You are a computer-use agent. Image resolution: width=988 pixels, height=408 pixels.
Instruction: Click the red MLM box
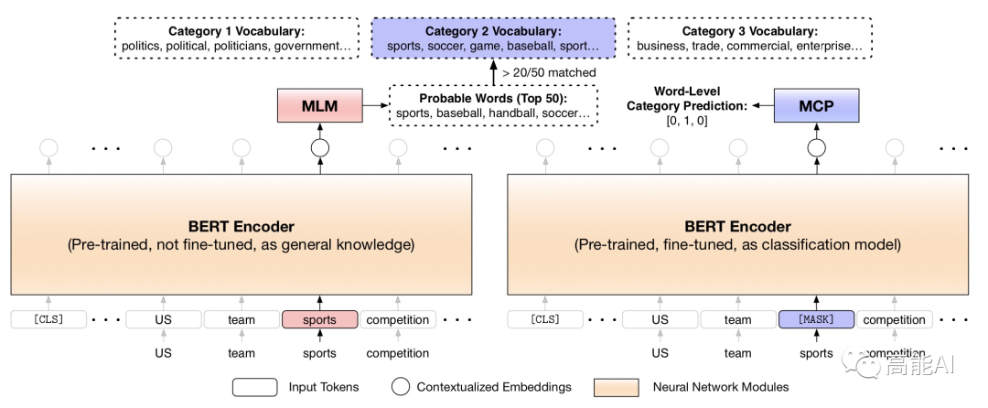click(x=320, y=106)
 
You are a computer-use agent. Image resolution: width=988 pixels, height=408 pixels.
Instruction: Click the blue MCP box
click(x=816, y=106)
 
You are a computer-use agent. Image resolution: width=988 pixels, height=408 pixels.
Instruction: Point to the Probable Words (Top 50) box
click(x=493, y=105)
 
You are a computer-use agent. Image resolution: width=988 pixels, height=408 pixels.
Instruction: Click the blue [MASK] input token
click(x=816, y=320)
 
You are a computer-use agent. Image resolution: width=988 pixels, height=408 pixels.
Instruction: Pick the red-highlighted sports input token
click(x=319, y=320)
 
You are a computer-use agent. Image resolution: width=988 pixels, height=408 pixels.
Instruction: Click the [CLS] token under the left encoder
click(x=49, y=320)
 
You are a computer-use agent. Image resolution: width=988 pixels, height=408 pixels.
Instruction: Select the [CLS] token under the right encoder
click(x=546, y=320)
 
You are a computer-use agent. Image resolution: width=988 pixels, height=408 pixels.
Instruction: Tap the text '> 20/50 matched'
click(x=549, y=72)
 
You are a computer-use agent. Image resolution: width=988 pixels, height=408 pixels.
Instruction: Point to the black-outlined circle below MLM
click(x=320, y=147)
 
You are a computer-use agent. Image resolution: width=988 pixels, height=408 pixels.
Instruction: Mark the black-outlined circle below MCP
click(x=816, y=147)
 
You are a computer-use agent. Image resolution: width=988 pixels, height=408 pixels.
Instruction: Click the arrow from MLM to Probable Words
click(x=375, y=106)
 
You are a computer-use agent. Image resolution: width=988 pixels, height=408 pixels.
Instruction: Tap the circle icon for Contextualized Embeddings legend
click(x=399, y=387)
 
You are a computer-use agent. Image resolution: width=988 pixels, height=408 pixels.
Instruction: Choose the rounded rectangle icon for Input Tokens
click(x=254, y=387)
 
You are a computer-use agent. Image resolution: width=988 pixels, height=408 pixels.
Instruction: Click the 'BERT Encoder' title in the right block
click(x=737, y=227)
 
